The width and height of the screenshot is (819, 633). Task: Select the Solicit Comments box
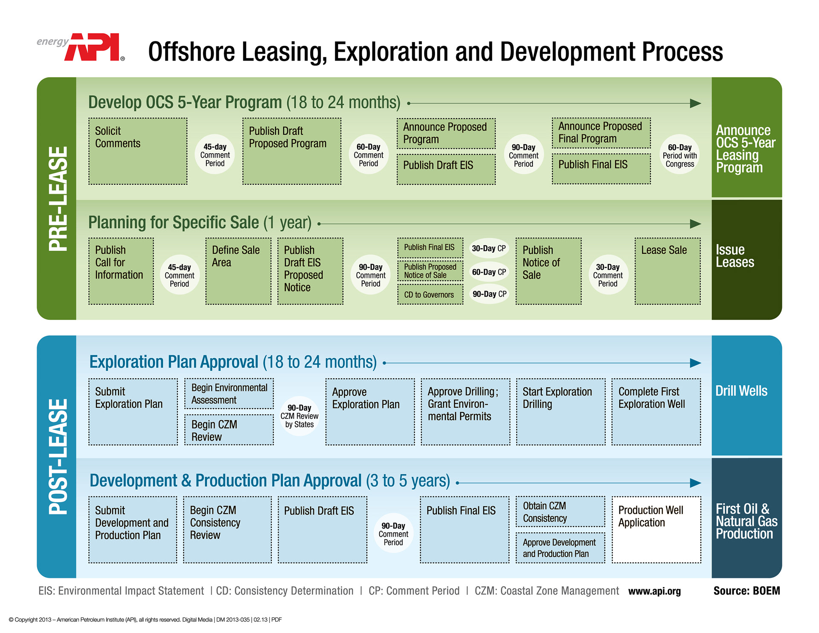(x=138, y=151)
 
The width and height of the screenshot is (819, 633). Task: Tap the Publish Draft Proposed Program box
(x=292, y=151)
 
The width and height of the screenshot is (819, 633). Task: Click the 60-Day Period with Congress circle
(x=680, y=155)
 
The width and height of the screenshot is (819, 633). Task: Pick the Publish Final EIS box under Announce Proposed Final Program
(x=601, y=169)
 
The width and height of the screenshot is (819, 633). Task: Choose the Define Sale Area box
(x=238, y=271)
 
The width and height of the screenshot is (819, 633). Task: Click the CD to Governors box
(x=430, y=295)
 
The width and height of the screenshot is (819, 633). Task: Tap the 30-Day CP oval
(x=489, y=248)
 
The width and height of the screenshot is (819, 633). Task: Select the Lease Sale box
(x=667, y=271)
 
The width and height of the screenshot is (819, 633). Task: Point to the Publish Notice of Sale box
(x=548, y=271)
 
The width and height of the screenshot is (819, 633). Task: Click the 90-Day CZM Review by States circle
(x=299, y=416)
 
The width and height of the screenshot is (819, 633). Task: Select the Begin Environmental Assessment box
(x=229, y=394)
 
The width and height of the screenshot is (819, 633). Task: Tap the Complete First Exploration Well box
(x=656, y=412)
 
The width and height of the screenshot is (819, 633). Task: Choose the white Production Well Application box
(x=656, y=529)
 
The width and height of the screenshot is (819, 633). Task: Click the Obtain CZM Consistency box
(x=560, y=511)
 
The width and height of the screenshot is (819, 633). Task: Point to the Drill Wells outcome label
(x=741, y=391)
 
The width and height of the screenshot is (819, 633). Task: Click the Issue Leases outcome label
(x=735, y=256)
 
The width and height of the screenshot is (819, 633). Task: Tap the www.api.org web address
(x=654, y=591)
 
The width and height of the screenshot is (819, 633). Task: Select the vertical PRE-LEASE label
(x=58, y=199)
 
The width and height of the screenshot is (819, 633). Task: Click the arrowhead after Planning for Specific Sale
(x=695, y=224)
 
